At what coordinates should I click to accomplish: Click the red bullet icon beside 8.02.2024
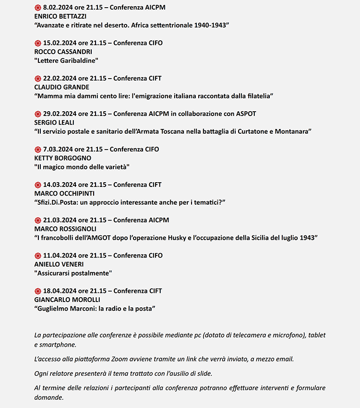(38, 8)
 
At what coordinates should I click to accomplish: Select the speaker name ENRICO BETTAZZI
(57, 16)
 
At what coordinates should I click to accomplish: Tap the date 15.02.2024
(60, 43)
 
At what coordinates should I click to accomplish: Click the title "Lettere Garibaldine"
(66, 60)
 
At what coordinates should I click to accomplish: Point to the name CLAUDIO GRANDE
(62, 87)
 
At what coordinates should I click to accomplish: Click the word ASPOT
(246, 114)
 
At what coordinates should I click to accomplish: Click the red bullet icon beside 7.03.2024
(38, 150)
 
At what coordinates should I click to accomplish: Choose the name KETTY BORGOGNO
(63, 158)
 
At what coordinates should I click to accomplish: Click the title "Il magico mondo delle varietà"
(82, 167)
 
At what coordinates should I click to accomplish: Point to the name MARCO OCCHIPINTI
(65, 194)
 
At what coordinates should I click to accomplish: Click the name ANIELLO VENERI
(59, 264)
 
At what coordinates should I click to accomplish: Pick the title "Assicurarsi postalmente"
(73, 273)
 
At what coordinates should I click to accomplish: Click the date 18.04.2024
(60, 291)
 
